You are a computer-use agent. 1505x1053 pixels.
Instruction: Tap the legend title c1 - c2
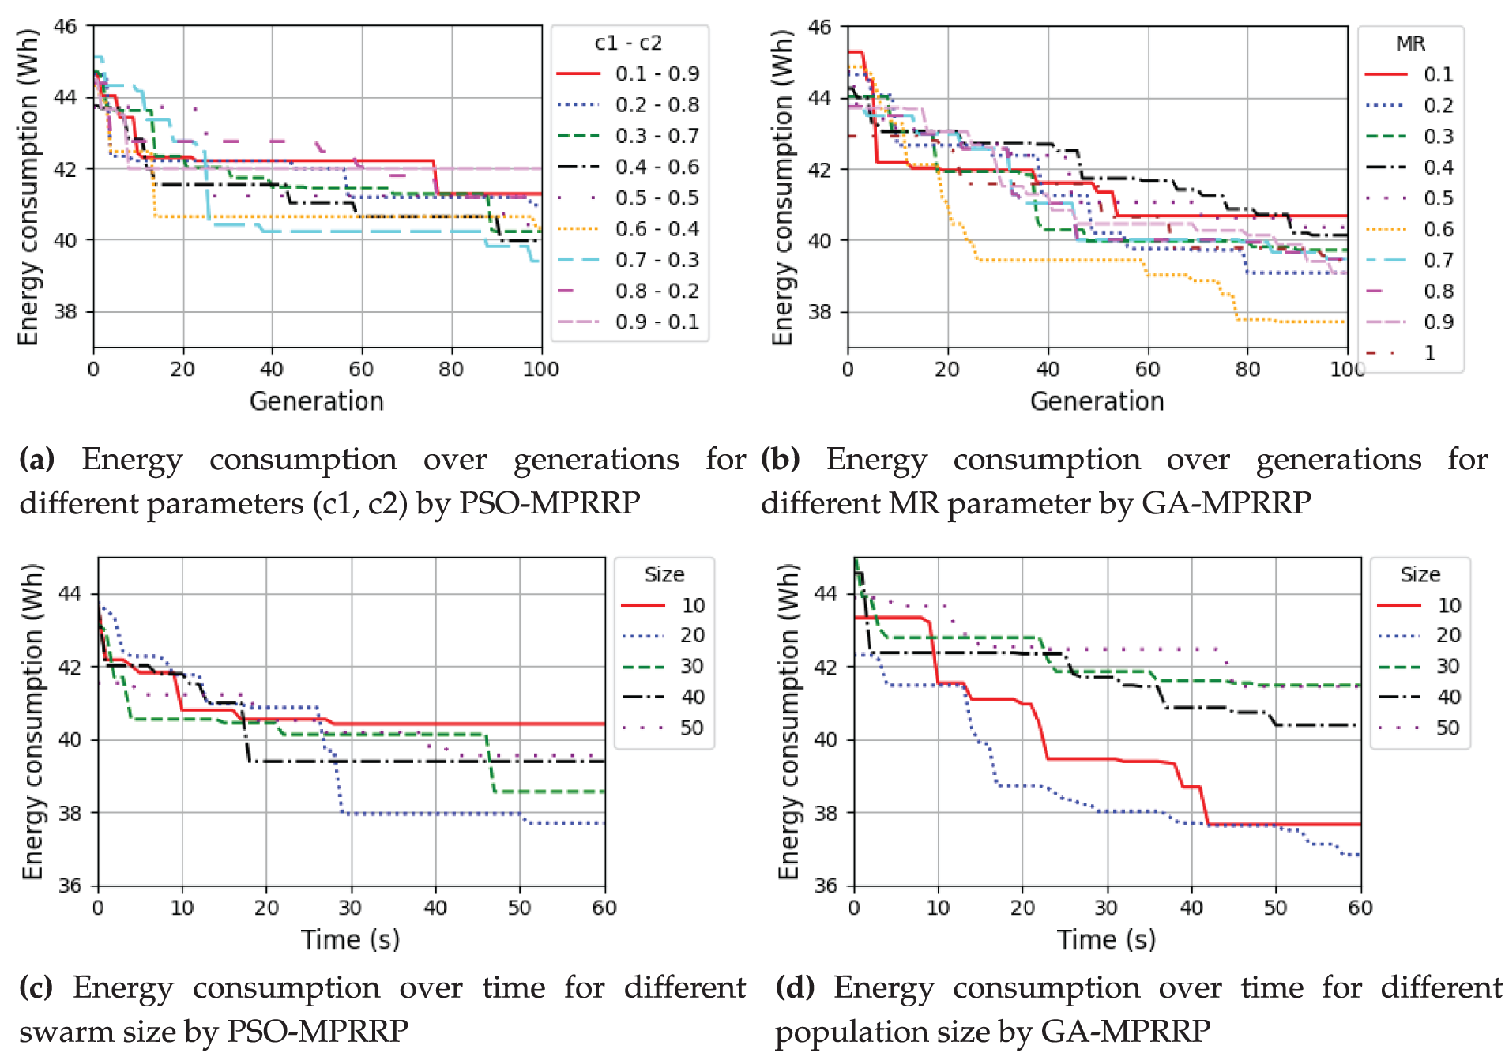[628, 43]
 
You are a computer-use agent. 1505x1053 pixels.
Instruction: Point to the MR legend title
[1410, 43]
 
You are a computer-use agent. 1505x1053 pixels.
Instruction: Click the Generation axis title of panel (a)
[317, 401]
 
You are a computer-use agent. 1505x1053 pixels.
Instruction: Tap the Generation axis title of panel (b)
[1097, 401]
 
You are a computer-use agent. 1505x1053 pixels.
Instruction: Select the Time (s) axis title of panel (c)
[351, 939]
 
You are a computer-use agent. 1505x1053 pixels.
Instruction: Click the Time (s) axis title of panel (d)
[1107, 939]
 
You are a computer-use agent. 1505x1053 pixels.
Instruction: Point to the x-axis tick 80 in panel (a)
[451, 369]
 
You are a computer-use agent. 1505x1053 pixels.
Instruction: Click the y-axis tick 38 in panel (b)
[821, 311]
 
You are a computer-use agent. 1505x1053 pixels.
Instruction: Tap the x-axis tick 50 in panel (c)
[519, 908]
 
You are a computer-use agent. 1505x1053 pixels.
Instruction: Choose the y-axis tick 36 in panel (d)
[826, 886]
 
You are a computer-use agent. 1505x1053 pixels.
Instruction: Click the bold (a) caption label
[37, 459]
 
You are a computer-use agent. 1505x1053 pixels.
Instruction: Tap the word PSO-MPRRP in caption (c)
[318, 1031]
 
